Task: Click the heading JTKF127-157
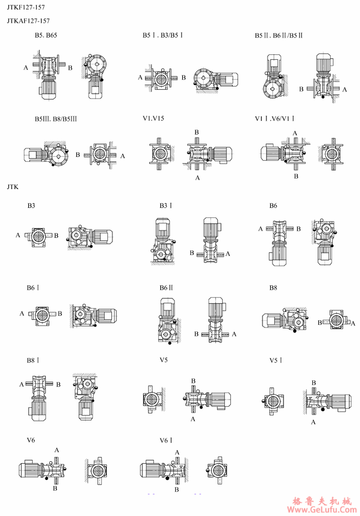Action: click(26, 7)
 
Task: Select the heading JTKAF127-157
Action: click(28, 21)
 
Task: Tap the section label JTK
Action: click(13, 187)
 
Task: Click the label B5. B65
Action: click(46, 35)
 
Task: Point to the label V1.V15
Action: click(153, 119)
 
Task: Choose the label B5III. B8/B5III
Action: click(56, 119)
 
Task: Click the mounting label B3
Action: click(31, 206)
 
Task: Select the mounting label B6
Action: click(273, 206)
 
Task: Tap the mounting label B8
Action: click(273, 288)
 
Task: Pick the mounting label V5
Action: click(164, 360)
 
